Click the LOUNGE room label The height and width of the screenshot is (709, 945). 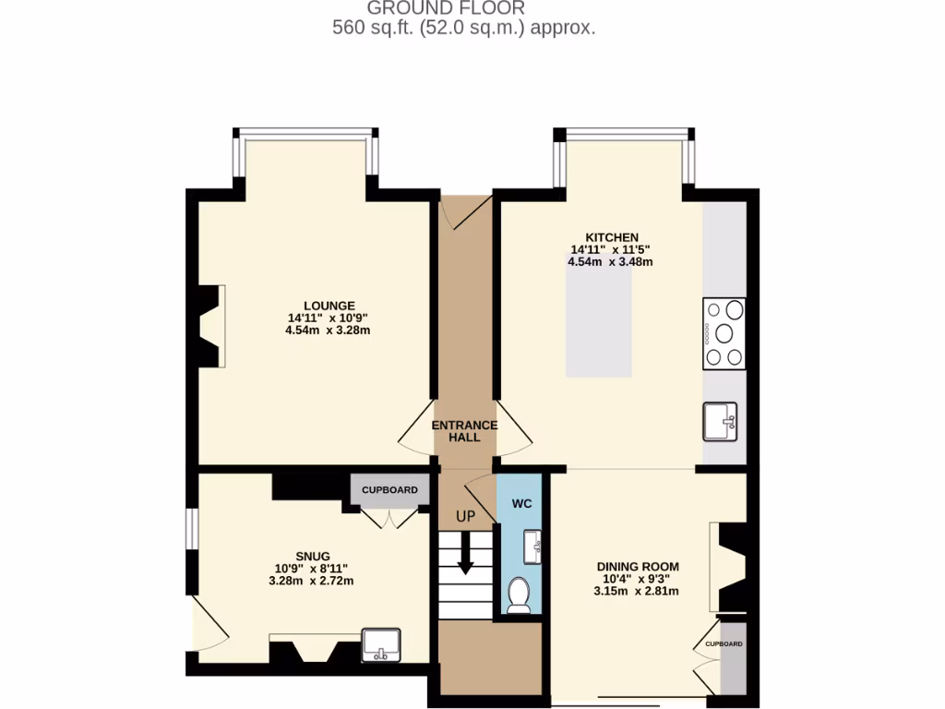(329, 306)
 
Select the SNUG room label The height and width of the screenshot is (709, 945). (311, 556)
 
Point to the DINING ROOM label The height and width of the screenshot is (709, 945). (637, 567)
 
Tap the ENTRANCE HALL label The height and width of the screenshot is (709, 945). (465, 431)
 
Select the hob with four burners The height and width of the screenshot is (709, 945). (724, 333)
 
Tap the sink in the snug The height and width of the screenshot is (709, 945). (381, 643)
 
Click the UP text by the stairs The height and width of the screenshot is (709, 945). (465, 517)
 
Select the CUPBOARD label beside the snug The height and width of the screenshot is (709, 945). (389, 490)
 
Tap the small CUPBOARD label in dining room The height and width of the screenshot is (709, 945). (724, 643)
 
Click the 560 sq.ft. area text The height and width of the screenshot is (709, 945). (463, 28)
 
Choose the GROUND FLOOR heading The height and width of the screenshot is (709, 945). (446, 8)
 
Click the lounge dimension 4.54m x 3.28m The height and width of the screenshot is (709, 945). (329, 330)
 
